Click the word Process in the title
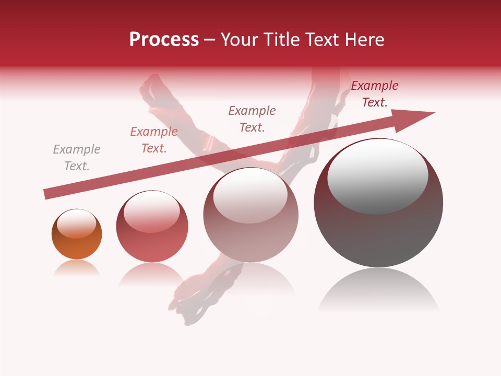coord(164,40)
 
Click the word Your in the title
coord(241,40)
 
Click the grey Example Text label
coord(77,158)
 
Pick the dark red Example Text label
coord(375,94)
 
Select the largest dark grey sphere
coord(378,230)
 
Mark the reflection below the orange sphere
coord(77,268)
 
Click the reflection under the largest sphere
coord(378,290)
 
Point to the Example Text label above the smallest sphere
coord(77,158)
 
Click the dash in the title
coord(210,40)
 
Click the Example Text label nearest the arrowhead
coord(375,94)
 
